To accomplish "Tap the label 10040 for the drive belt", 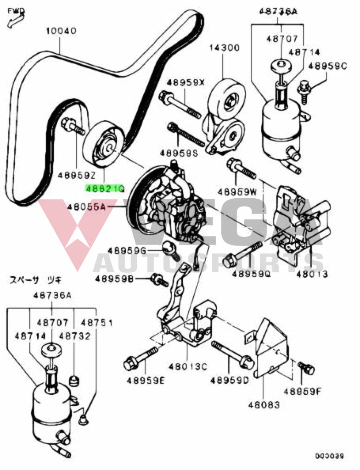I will (x=61, y=31).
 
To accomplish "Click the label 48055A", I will (x=86, y=207).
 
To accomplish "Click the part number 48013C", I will (x=187, y=367).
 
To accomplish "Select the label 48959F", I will (x=302, y=391).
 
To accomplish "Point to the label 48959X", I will (x=185, y=83).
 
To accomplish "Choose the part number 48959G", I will (x=127, y=251).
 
